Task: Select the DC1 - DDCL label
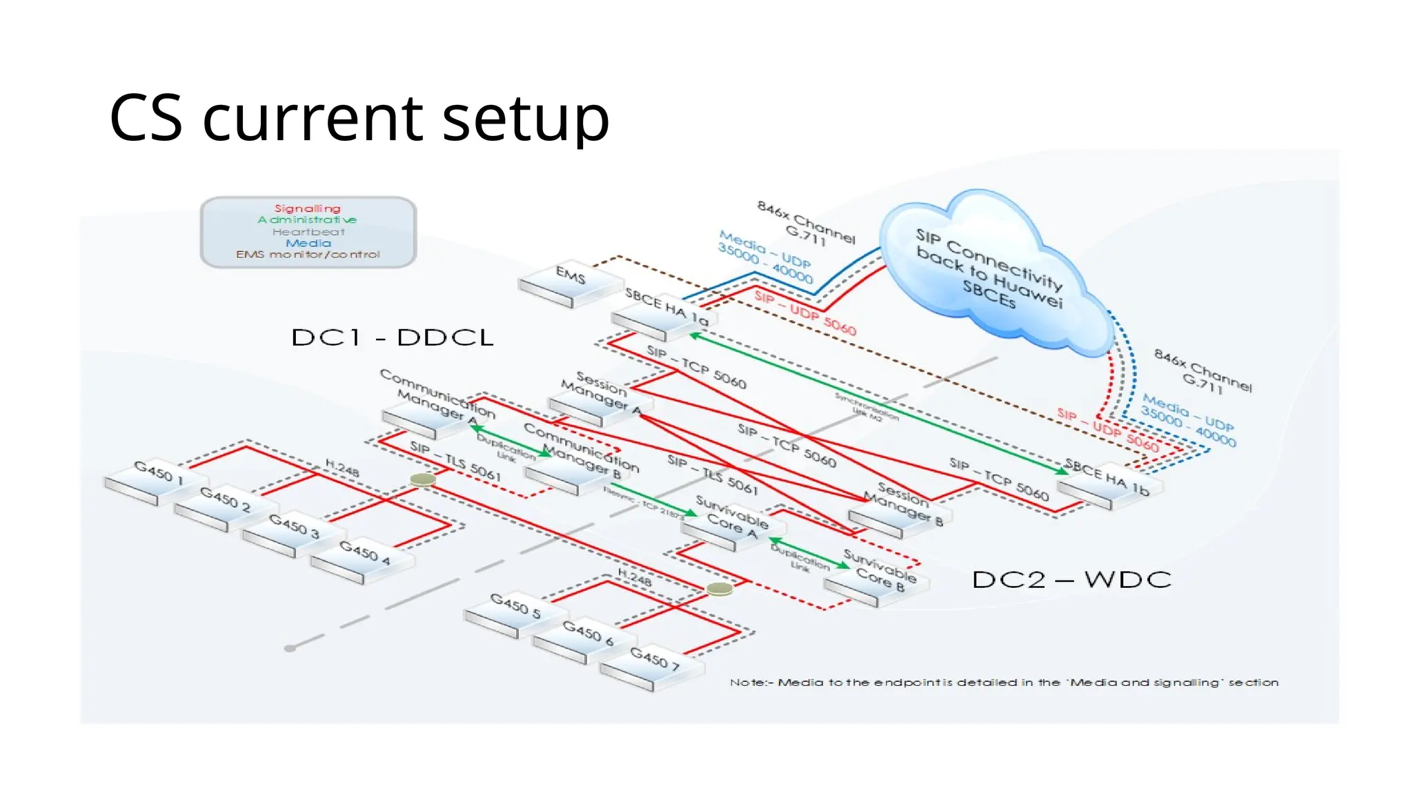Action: (392, 337)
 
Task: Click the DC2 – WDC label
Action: (1071, 579)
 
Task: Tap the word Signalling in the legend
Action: (307, 208)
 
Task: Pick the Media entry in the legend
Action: (308, 243)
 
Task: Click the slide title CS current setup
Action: (359, 118)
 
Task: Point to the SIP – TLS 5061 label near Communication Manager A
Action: (455, 461)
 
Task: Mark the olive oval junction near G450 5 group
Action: (719, 589)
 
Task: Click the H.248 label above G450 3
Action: (342, 470)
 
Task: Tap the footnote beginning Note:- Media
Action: (1004, 683)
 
